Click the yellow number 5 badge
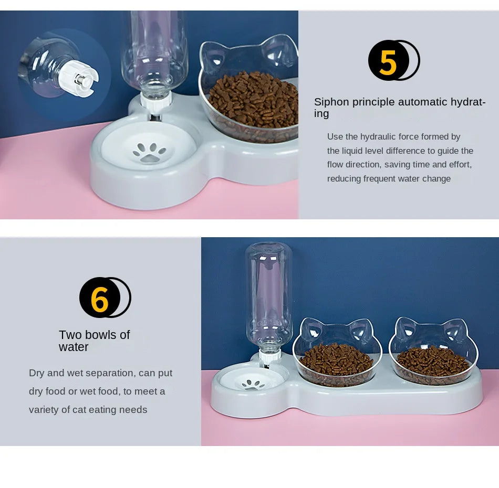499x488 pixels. click(388, 61)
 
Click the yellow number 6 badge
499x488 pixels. click(99, 298)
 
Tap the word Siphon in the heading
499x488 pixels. click(330, 102)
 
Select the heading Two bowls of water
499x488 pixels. click(94, 341)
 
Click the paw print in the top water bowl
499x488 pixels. click(149, 152)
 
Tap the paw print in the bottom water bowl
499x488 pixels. click(254, 384)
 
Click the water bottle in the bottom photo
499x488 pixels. click(268, 294)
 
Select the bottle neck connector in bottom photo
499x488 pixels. click(269, 356)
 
